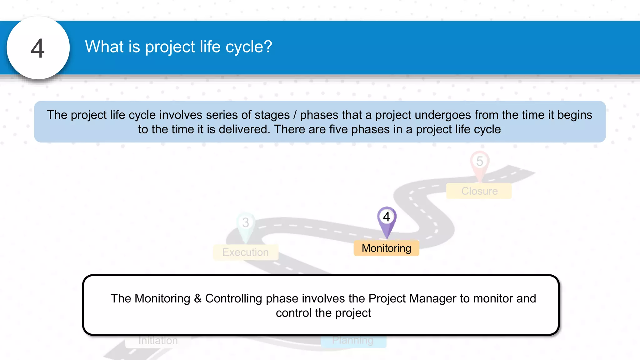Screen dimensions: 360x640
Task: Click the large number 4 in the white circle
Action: [x=38, y=48]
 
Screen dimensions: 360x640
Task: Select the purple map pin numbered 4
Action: [x=387, y=221]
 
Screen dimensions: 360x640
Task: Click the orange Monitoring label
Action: [x=386, y=248]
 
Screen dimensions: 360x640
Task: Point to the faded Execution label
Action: [x=245, y=252]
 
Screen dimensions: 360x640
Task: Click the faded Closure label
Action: [x=479, y=191]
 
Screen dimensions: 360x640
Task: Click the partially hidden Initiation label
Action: [x=158, y=341]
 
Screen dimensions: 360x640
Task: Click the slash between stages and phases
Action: [x=295, y=115]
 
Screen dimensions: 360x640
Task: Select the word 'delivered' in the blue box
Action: [x=244, y=129]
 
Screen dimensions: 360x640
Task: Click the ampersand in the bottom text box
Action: [x=197, y=298]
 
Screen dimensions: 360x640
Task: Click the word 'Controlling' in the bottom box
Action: [x=233, y=298]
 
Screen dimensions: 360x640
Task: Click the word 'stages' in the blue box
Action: [x=272, y=115]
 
